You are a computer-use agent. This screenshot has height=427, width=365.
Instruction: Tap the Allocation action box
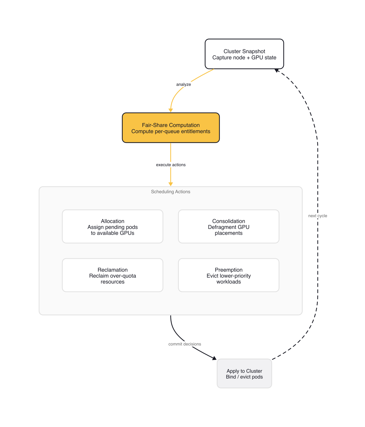click(x=113, y=227)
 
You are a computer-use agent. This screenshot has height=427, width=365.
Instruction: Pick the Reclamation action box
click(x=113, y=275)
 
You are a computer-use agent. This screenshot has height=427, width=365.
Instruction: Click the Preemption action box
click(x=228, y=275)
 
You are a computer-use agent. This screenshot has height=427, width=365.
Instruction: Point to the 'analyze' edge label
click(x=184, y=85)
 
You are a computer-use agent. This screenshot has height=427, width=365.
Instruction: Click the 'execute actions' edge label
click(x=171, y=165)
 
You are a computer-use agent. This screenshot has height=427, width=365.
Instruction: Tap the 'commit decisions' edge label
click(x=185, y=344)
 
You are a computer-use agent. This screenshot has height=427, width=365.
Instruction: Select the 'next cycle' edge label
click(x=317, y=216)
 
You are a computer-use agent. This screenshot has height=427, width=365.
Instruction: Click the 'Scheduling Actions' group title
click(x=170, y=192)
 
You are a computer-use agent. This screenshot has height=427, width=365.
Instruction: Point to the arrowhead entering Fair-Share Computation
click(x=171, y=110)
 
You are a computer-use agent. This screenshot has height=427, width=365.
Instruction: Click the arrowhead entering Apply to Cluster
click(x=214, y=358)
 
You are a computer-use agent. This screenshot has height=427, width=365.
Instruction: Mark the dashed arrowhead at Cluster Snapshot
click(x=276, y=71)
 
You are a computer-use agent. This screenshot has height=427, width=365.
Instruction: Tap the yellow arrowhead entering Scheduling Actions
click(x=171, y=184)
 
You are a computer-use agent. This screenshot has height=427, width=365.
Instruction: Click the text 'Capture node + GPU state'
click(x=244, y=58)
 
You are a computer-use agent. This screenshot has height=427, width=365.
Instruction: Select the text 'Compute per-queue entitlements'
click(x=171, y=131)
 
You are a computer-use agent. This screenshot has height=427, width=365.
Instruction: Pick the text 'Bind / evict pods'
click(x=244, y=377)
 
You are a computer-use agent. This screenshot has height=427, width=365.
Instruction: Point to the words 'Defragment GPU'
click(x=228, y=227)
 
